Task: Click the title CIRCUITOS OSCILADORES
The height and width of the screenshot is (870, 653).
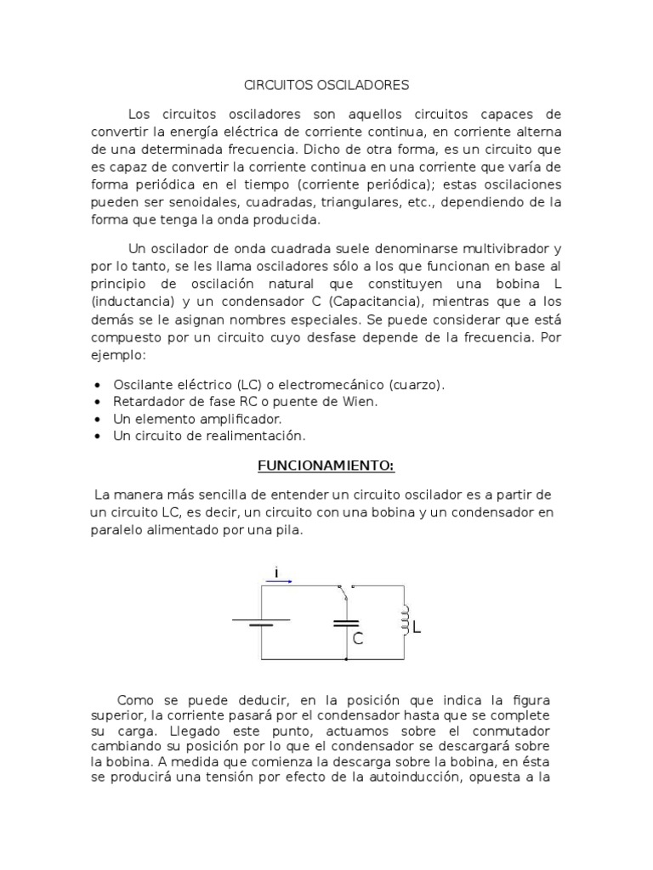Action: point(326,85)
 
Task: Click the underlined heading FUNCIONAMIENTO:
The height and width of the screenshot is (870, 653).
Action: point(326,466)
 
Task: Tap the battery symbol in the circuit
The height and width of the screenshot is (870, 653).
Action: point(261,623)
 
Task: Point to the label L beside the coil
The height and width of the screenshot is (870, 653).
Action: point(417,628)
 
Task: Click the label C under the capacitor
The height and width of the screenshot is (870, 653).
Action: point(358,639)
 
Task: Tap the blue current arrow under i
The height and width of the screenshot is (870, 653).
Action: point(279,581)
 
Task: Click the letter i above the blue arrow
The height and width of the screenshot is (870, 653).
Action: point(277,572)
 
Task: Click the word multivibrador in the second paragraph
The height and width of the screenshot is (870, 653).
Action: point(505,249)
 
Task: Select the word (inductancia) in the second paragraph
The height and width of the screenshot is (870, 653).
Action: point(129,302)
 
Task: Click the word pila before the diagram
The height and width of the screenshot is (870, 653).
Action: point(285,529)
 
